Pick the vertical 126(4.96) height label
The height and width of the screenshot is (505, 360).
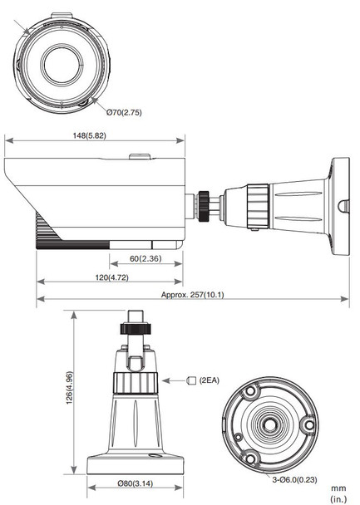71,387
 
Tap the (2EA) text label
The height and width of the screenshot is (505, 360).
210,380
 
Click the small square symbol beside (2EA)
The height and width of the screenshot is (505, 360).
192,380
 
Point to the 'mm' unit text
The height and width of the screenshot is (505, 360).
338,488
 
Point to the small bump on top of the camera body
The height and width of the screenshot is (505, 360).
141,156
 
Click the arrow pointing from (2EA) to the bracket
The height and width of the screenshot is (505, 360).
173,380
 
